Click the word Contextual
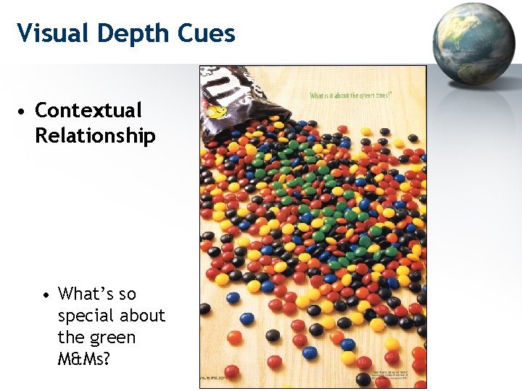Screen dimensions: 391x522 click(x=88, y=111)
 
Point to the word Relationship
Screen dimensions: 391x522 click(x=95, y=135)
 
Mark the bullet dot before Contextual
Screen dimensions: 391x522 click(x=24, y=112)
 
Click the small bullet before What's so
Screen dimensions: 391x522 click(x=46, y=295)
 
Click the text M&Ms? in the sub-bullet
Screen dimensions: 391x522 click(x=84, y=359)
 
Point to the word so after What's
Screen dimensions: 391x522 click(x=128, y=294)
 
